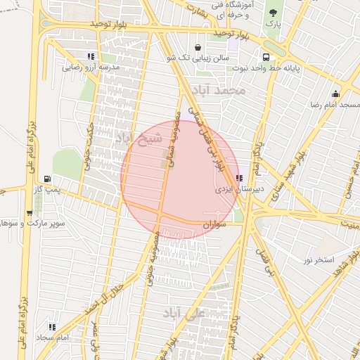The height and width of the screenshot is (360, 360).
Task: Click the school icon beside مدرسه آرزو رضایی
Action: click(91, 56)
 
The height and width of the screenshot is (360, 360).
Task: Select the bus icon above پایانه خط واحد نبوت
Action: click(266, 57)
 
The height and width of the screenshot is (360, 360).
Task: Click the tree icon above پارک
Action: click(274, 12)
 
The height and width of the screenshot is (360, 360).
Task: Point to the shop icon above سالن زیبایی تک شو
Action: click(208, 47)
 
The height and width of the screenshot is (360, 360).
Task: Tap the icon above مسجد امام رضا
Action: click(336, 94)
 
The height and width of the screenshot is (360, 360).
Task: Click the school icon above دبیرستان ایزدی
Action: click(239, 178)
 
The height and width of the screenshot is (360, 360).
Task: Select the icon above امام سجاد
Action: click(52, 327)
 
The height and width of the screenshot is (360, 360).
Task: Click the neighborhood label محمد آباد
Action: click(221, 90)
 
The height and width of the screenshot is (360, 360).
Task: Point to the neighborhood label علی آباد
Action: click(184, 313)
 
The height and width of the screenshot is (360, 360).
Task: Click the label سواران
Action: click(217, 224)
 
